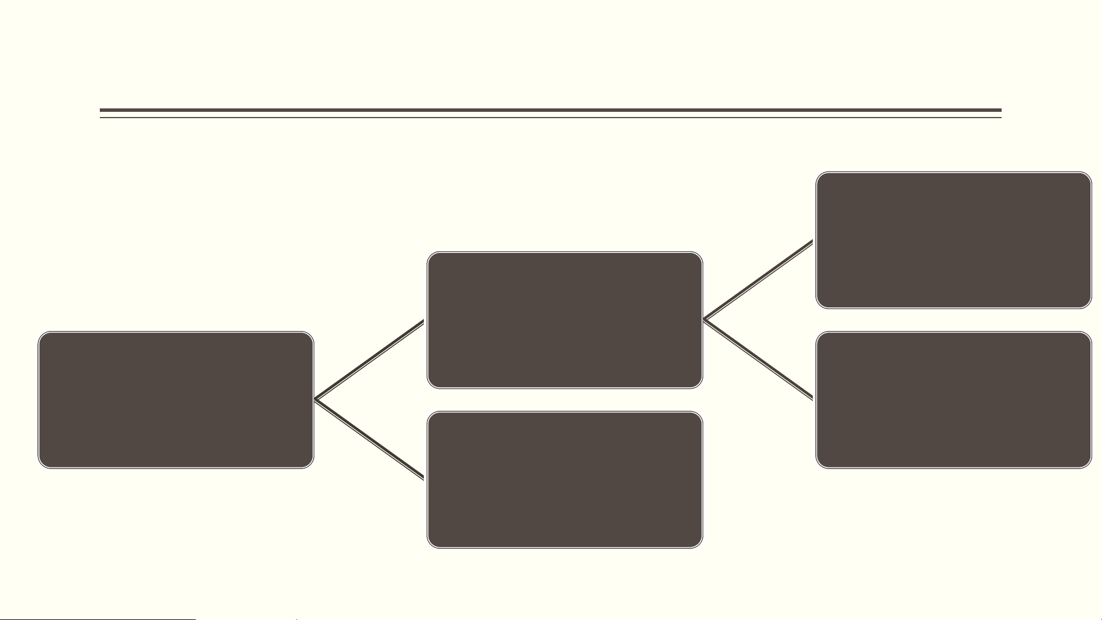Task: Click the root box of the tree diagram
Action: [176, 400]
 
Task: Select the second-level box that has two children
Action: [564, 320]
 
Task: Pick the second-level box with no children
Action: [564, 479]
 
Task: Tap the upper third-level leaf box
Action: [953, 240]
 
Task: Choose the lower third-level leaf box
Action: [953, 400]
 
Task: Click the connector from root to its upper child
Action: [370, 360]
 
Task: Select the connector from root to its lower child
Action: [370, 439]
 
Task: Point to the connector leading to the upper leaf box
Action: [758, 279]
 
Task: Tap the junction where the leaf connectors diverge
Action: [705, 319]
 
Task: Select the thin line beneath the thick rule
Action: [551, 118]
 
